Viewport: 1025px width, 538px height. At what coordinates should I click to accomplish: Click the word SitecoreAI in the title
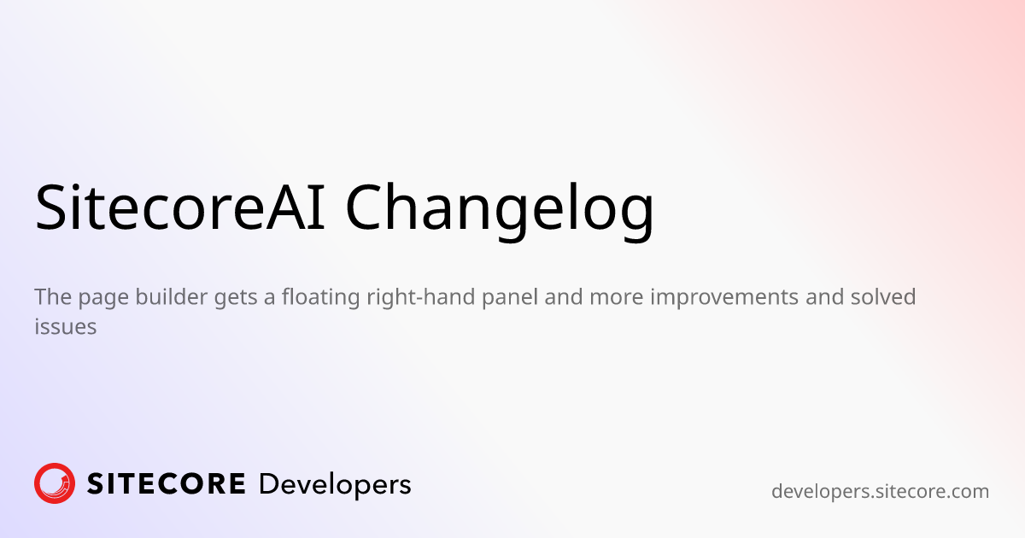coord(180,208)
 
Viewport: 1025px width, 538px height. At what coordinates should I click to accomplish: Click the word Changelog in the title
coord(500,208)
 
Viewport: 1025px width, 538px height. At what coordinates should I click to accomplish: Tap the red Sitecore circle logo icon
coord(55,483)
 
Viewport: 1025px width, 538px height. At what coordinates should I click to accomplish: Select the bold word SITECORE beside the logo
coord(167,484)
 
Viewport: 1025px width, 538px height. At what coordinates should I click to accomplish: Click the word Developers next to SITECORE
coord(334,484)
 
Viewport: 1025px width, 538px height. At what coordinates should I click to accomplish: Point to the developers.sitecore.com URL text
coord(880,492)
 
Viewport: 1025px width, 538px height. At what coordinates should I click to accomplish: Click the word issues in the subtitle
coord(65,326)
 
